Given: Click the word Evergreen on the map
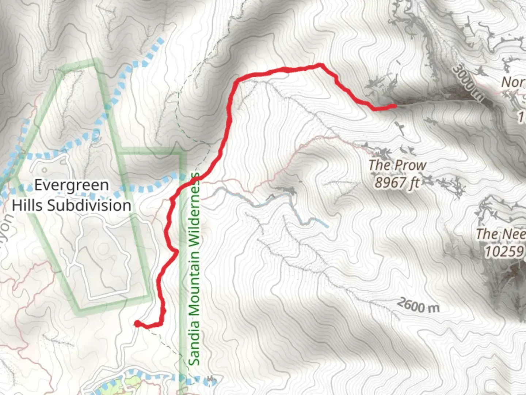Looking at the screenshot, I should click(72, 185).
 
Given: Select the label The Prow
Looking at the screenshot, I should click(397, 165).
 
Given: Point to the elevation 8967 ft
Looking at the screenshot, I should click(397, 182).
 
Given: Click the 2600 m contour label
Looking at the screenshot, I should click(418, 305).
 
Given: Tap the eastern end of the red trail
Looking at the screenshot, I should click(394, 106).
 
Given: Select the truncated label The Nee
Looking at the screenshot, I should click(500, 234).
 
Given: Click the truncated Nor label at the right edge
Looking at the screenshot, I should click(513, 82).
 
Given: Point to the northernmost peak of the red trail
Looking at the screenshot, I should click(320, 65).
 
